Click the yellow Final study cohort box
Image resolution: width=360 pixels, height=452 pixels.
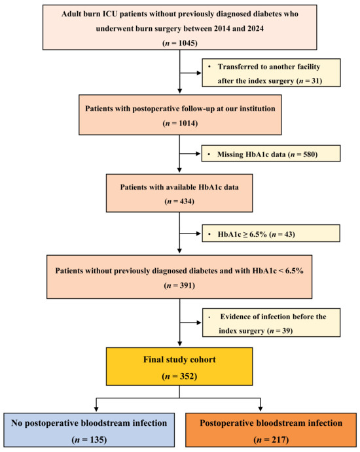click(x=179, y=366)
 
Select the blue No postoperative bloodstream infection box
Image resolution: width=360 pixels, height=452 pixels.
click(x=89, y=430)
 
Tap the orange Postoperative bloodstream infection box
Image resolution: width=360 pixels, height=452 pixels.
click(x=271, y=430)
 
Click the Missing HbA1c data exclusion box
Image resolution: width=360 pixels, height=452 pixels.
click(x=271, y=153)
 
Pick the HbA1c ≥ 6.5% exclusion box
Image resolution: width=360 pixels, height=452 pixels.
click(x=271, y=234)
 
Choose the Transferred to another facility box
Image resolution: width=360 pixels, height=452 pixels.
click(x=271, y=73)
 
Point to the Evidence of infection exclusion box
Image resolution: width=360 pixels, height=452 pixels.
click(x=271, y=322)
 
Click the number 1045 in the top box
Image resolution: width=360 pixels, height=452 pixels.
click(x=187, y=43)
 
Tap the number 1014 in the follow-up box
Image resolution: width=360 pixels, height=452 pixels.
click(x=187, y=124)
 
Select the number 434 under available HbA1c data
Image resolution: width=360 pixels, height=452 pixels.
click(x=186, y=201)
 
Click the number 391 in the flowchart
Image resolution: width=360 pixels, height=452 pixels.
click(x=186, y=285)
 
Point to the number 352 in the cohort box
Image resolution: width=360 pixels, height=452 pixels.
click(x=187, y=376)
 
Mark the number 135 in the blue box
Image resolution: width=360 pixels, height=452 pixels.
click(x=97, y=440)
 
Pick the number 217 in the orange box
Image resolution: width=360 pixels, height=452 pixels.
click(x=279, y=440)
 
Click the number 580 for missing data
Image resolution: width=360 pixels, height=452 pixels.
click(x=309, y=154)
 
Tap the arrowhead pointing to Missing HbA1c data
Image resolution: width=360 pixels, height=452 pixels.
click(x=198, y=154)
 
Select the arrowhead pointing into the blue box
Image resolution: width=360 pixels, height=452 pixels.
click(x=96, y=409)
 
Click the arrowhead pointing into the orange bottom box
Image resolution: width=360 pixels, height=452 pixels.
click(x=261, y=409)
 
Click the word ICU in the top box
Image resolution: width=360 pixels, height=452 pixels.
click(x=110, y=14)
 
